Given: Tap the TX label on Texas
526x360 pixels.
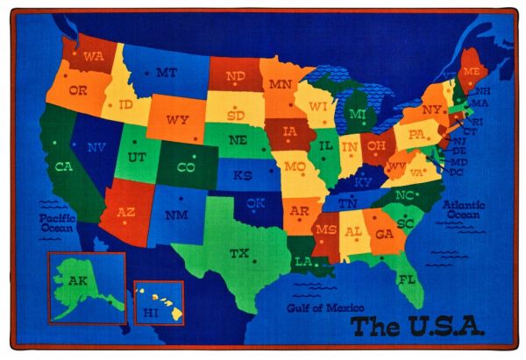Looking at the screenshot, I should pyautogui.click(x=238, y=253).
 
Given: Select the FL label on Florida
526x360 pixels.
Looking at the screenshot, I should pyautogui.click(x=406, y=279).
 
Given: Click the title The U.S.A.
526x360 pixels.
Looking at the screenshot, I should pyautogui.click(x=416, y=326).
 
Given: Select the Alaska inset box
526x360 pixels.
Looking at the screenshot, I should pyautogui.click(x=87, y=286).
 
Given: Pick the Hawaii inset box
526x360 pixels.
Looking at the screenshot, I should pyautogui.click(x=159, y=303).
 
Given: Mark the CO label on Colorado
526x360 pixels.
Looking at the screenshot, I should pyautogui.click(x=186, y=166).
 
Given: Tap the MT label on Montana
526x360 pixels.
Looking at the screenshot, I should pyautogui.click(x=167, y=73).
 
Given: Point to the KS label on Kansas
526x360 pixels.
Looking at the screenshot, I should pyautogui.click(x=243, y=175).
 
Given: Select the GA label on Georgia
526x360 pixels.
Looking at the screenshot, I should pyautogui.click(x=383, y=234).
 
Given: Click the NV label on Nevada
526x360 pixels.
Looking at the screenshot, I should pyautogui.click(x=97, y=147).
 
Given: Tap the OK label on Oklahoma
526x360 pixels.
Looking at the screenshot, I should pyautogui.click(x=255, y=203).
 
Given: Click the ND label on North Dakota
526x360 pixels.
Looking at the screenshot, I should pyautogui.click(x=235, y=76).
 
